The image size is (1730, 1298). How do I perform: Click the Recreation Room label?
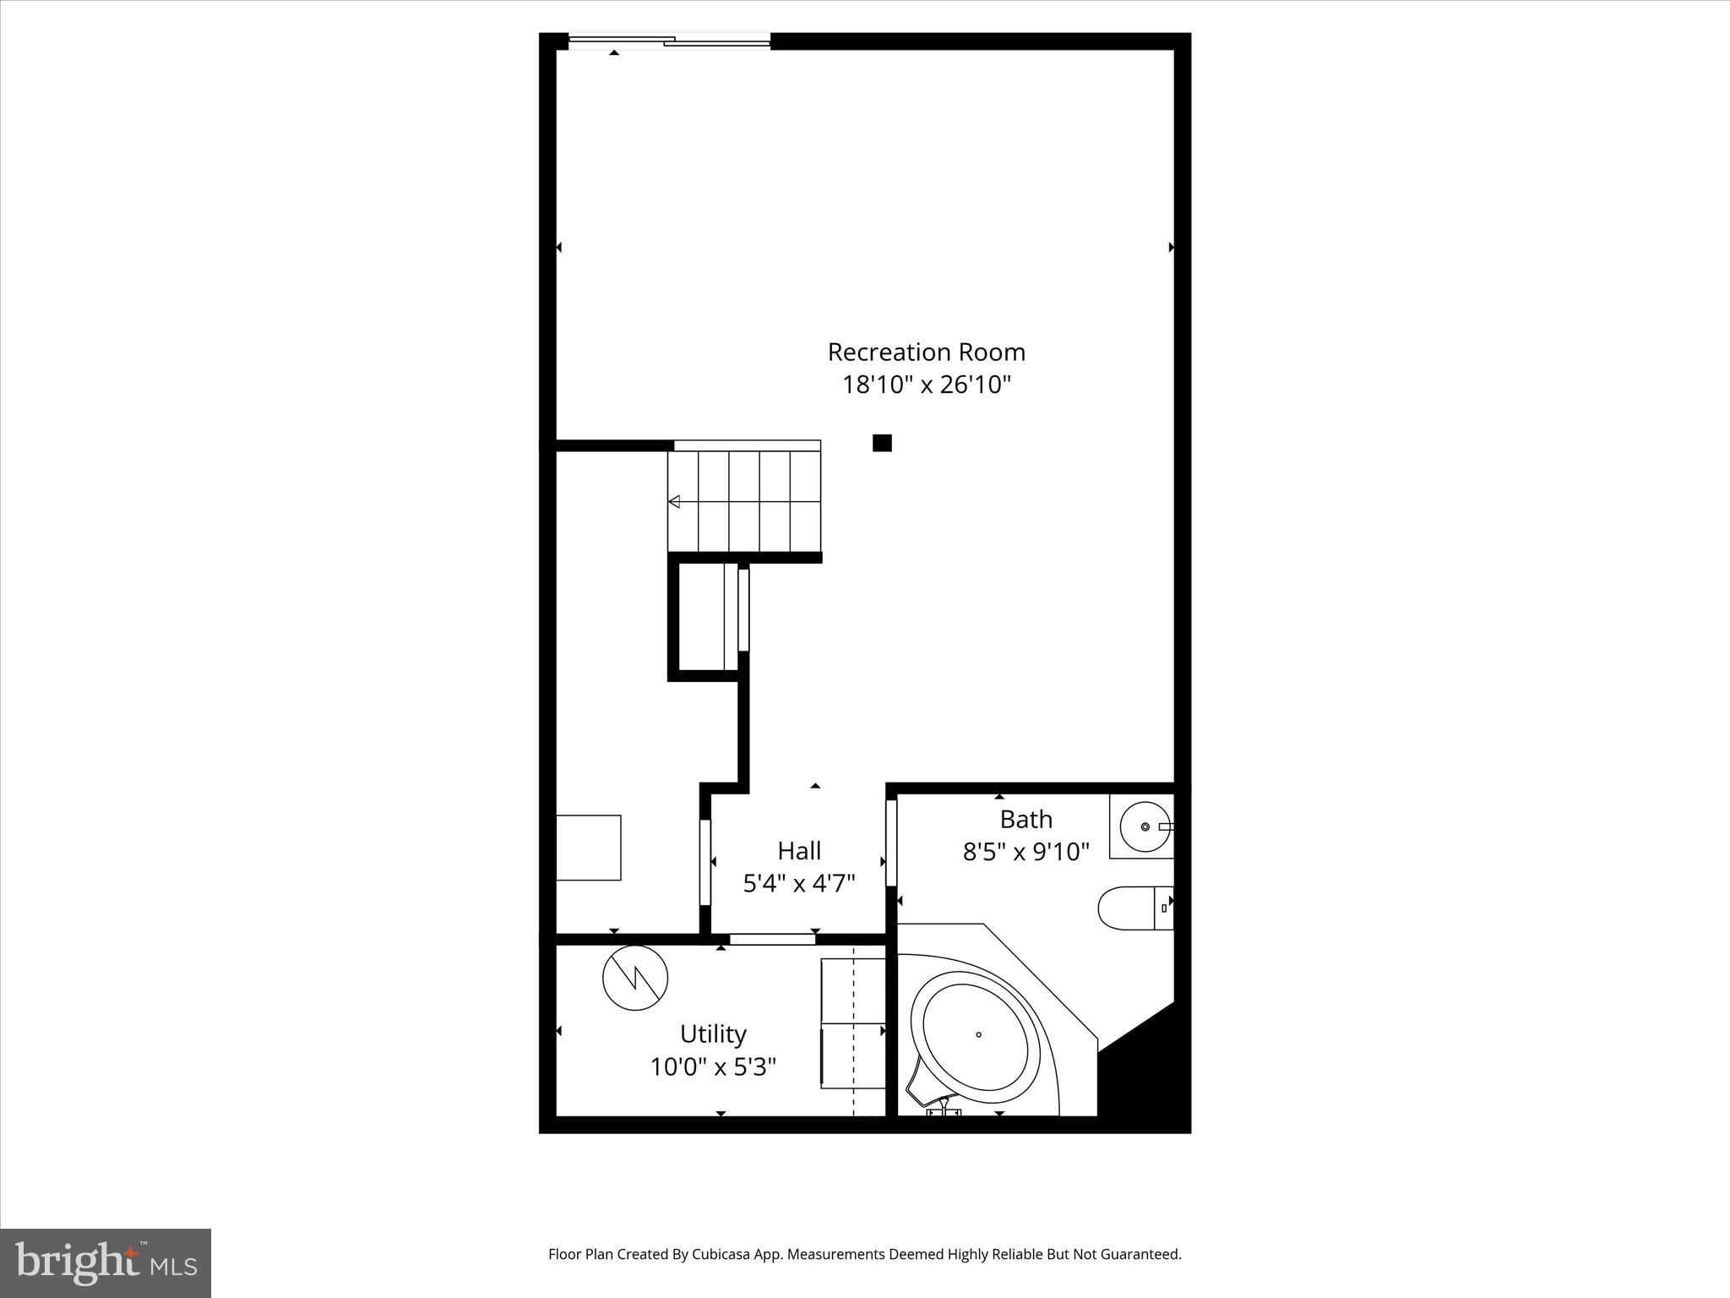pyautogui.click(x=926, y=352)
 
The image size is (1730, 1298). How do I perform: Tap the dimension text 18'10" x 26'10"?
pyautogui.click(x=926, y=385)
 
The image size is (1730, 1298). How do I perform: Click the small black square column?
pyautogui.click(x=882, y=443)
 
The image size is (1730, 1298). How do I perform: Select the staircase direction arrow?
pyautogui.click(x=674, y=502)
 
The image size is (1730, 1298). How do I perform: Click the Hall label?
pyautogui.click(x=799, y=850)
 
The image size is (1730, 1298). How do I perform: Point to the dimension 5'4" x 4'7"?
pyautogui.click(x=799, y=883)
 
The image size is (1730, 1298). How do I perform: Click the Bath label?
pyautogui.click(x=1025, y=819)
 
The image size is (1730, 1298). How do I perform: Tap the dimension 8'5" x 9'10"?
pyautogui.click(x=1025, y=851)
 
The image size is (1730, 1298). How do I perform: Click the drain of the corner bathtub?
pyautogui.click(x=978, y=1034)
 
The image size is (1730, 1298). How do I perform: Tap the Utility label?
pyautogui.click(x=713, y=1034)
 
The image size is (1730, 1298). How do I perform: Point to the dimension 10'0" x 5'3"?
pyautogui.click(x=713, y=1067)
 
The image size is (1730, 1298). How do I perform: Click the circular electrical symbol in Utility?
pyautogui.click(x=635, y=978)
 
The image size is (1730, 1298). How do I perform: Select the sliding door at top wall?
pyautogui.click(x=669, y=41)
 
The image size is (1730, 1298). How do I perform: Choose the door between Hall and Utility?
pyautogui.click(x=772, y=938)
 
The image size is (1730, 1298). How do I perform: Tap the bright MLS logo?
pyautogui.click(x=105, y=1263)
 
